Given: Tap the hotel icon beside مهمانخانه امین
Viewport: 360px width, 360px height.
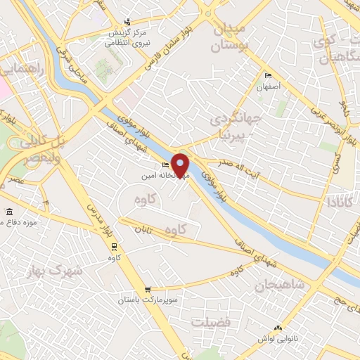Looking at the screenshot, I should tap(165, 165).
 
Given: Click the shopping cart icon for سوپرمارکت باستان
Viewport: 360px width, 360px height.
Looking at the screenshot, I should tap(147, 290).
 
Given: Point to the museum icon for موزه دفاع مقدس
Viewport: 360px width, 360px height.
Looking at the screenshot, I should tap(9, 212).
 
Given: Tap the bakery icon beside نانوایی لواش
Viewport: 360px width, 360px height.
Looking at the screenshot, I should tap(277, 326).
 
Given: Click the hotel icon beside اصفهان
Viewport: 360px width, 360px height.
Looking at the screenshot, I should tap(267, 75).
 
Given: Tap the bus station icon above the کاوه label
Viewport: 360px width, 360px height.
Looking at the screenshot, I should tap(114, 246).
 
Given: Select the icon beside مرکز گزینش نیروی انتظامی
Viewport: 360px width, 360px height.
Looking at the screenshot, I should tap(127, 22).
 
